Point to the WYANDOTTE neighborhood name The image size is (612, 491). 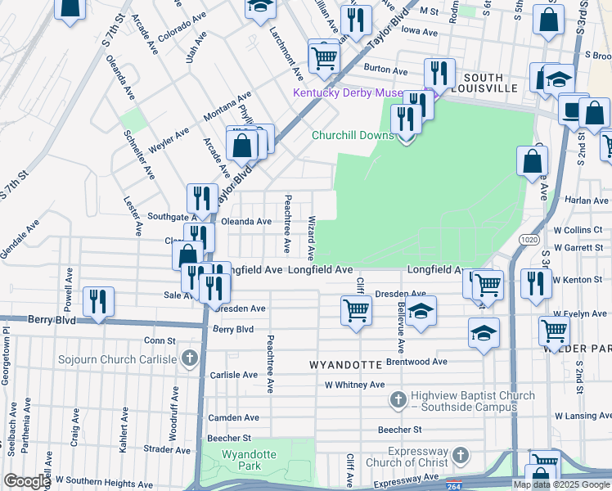[x=346, y=363]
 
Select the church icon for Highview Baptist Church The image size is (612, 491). [x=398, y=399]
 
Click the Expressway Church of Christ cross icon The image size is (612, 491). [x=461, y=454]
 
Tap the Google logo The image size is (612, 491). [x=27, y=481]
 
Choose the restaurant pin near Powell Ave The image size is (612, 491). [x=98, y=300]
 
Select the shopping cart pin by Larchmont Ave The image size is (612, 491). [x=324, y=56]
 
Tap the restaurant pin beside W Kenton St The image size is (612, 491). [x=536, y=283]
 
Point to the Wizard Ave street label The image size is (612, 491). [x=311, y=234]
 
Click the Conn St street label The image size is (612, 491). [x=160, y=340]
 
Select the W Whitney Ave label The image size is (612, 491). [x=354, y=385]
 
